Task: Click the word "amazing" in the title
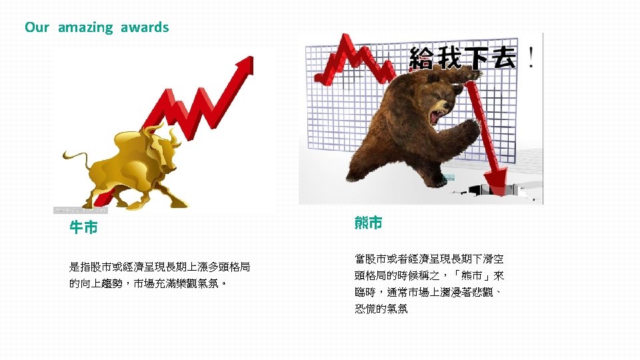[85, 27]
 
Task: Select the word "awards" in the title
[145, 27]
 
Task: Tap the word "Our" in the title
[37, 27]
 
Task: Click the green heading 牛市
[84, 228]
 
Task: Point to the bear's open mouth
[437, 116]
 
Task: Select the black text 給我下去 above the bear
[462, 57]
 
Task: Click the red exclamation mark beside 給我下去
[530, 57]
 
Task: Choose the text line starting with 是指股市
[160, 267]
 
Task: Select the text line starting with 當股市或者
[429, 259]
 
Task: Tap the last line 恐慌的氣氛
[381, 309]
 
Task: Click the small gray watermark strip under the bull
[80, 210]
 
